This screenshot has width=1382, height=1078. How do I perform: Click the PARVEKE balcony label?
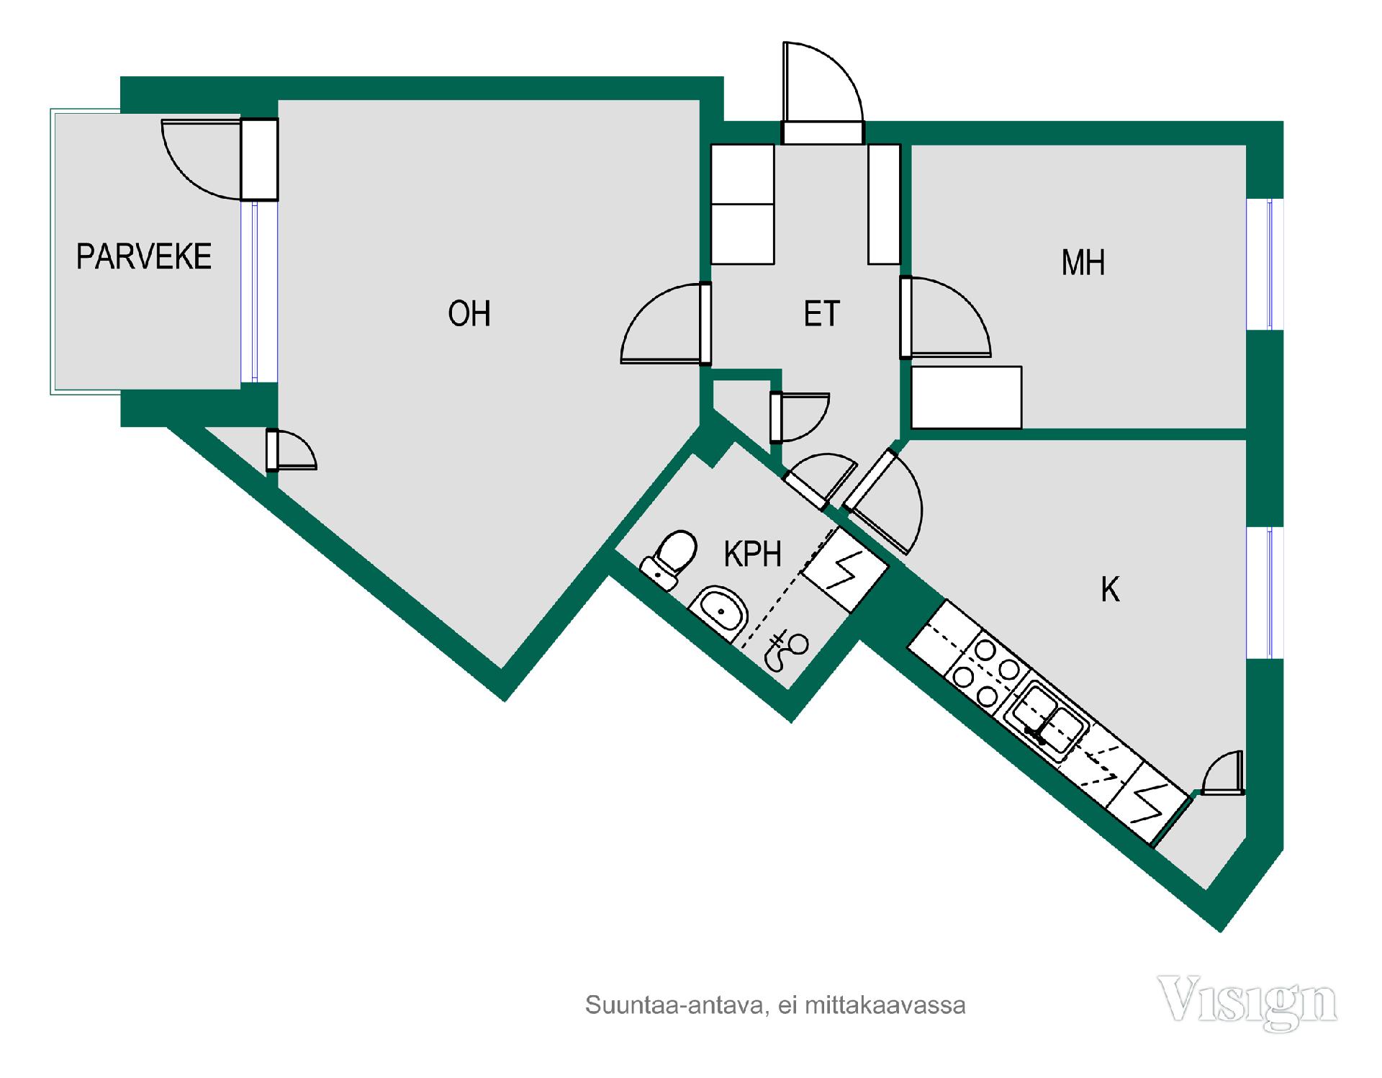click(144, 257)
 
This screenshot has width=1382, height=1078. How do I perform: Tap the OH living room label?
click(469, 314)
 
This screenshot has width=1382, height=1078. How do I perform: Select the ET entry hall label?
click(822, 314)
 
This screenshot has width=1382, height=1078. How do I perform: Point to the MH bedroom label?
click(1083, 263)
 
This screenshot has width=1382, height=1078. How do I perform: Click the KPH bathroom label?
click(753, 554)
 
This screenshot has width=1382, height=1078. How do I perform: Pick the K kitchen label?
click(1111, 590)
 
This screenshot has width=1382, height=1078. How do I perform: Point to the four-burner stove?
click(985, 672)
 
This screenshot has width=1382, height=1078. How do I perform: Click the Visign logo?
click(1247, 1002)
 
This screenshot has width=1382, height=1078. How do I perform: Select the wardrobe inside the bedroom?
click(967, 397)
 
